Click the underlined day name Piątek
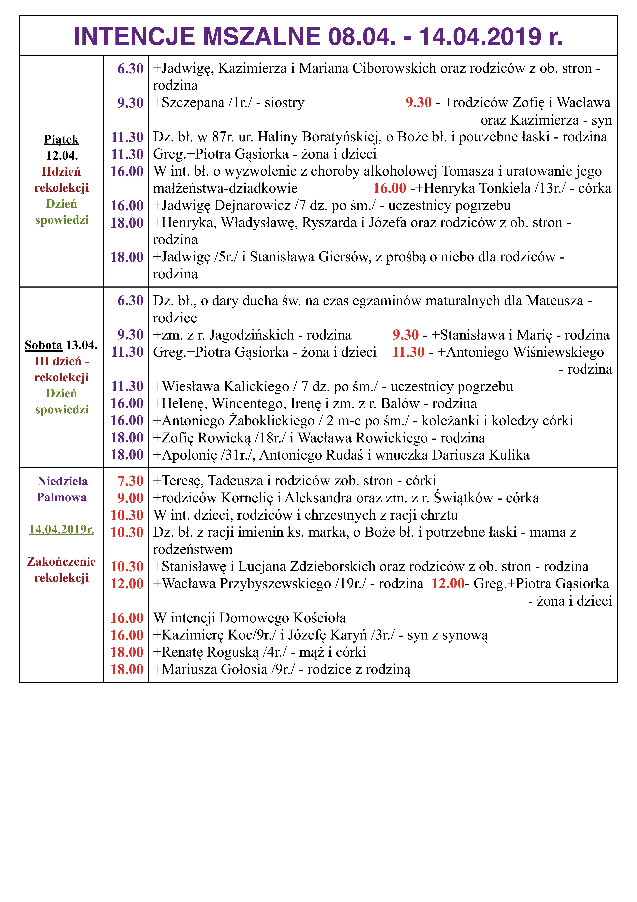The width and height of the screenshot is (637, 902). coord(62,139)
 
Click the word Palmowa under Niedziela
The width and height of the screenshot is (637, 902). coord(62,497)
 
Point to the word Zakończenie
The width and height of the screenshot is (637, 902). coord(62,561)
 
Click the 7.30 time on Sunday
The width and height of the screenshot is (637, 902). coord(131,481)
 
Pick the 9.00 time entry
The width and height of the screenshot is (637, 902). coord(131,498)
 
